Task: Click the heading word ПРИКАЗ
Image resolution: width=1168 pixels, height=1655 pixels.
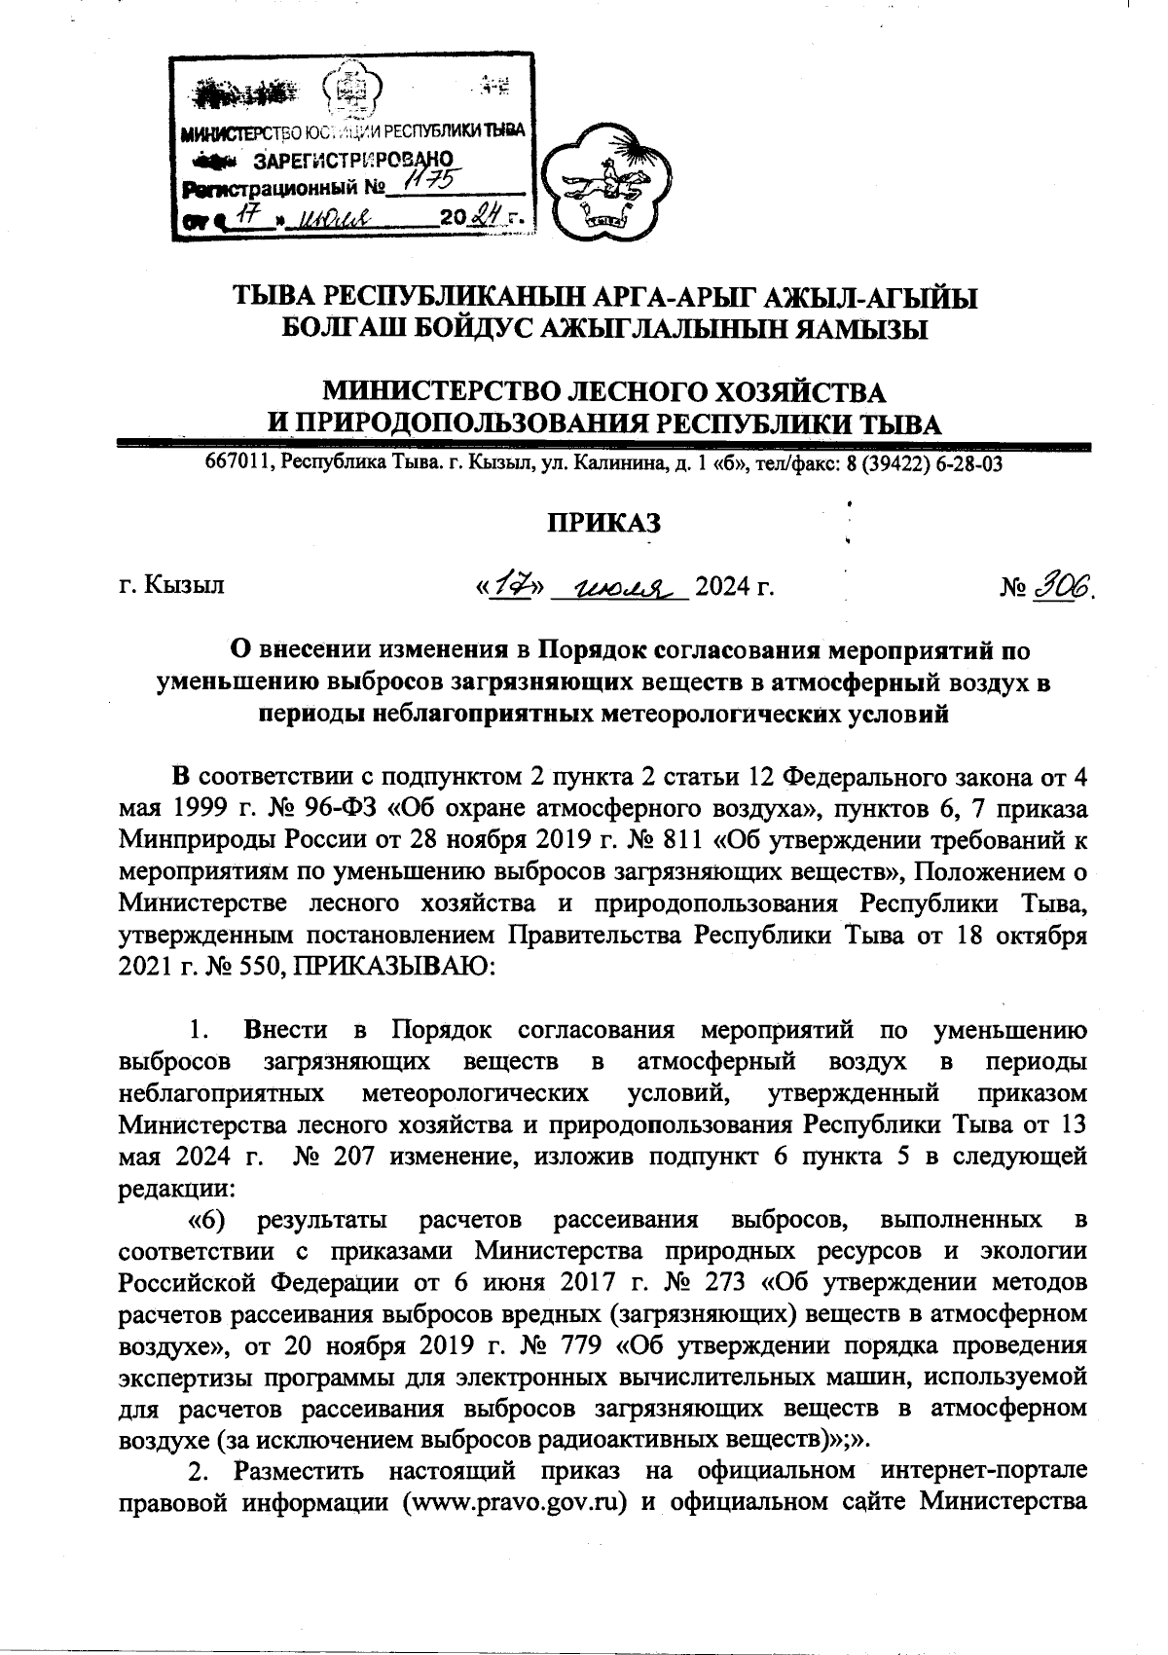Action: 602,523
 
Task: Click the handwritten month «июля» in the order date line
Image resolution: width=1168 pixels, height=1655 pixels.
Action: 619,586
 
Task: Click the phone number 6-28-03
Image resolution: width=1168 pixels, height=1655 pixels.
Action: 971,464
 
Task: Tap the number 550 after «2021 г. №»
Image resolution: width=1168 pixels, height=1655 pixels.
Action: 263,966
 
